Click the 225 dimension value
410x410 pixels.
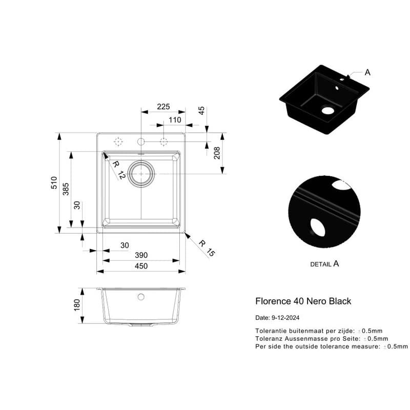163,107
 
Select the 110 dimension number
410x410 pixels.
175,120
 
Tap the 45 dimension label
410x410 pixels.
201,111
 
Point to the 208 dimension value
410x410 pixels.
217,153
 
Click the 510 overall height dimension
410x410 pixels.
54,183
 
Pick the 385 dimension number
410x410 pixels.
66,189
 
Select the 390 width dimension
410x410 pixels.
141,255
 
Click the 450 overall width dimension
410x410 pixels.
141,266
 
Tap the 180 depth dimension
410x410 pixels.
77,305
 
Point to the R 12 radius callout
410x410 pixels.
119,170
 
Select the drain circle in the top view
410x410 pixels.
141,174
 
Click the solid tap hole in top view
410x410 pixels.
141,142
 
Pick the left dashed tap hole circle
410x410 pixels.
118,142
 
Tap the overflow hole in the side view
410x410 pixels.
141,297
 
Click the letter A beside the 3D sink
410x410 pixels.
367,72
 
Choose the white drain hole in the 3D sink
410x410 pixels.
328,110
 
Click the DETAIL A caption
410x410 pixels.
324,264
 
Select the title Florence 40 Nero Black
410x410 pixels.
303,301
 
